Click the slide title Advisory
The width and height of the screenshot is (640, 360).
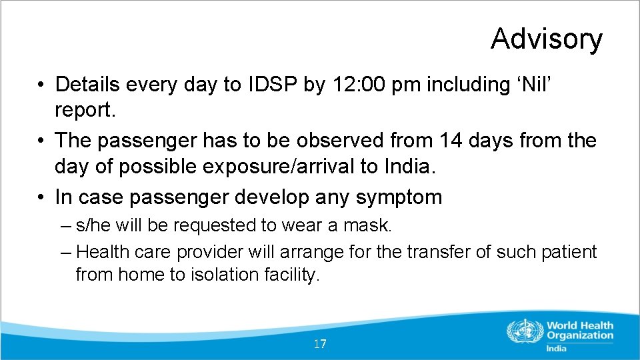[546, 39]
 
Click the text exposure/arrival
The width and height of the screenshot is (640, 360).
[273, 167]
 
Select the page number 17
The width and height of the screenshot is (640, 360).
[320, 344]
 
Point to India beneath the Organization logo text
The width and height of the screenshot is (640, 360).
[556, 348]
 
